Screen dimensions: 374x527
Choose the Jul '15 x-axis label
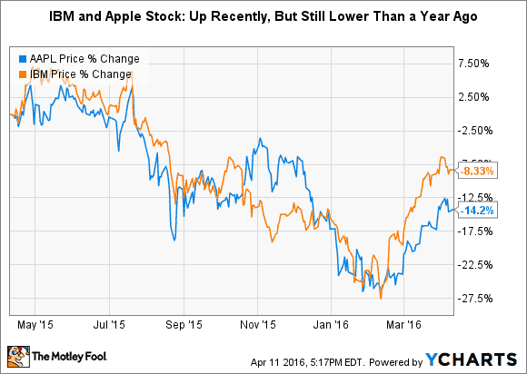tap(110, 322)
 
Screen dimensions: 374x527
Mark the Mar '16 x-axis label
tap(411, 322)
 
